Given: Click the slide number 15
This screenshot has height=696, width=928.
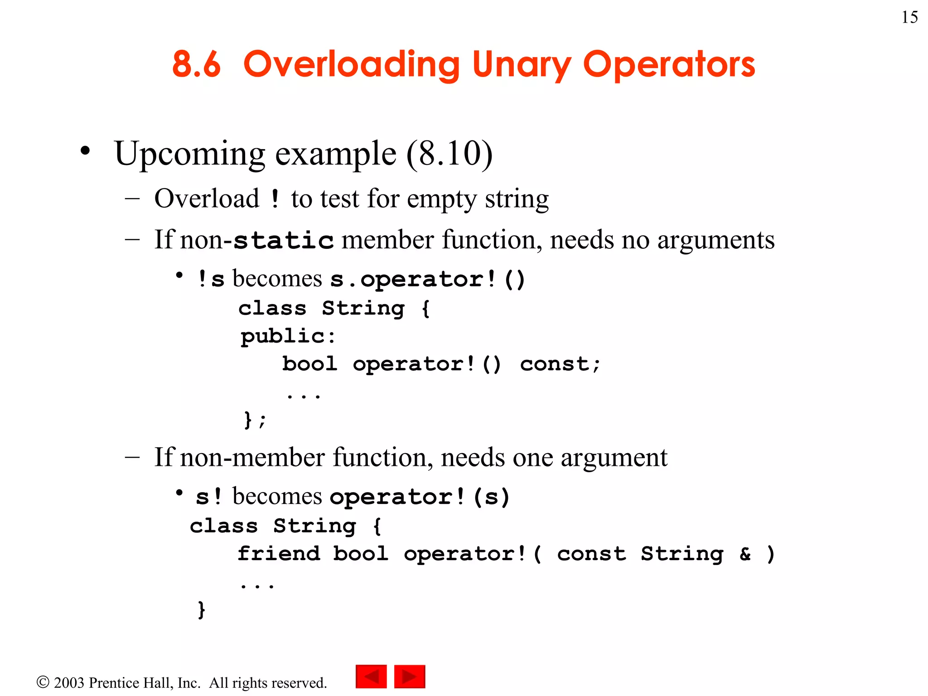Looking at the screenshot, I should pyautogui.click(x=909, y=17).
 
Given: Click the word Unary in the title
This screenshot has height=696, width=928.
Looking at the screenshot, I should pyautogui.click(x=521, y=65).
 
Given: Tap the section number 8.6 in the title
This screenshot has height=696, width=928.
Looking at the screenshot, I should pyautogui.click(x=196, y=64).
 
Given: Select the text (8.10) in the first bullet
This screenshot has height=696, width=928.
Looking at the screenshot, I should pyautogui.click(x=449, y=154).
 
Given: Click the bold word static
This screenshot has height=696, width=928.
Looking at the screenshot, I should pyautogui.click(x=284, y=240).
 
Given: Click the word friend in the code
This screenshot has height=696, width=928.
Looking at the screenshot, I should pyautogui.click(x=279, y=554).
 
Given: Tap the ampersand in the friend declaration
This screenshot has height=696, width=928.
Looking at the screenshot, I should pyautogui.click(x=744, y=554).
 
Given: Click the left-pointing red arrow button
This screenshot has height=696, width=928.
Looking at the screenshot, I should pyautogui.click(x=371, y=677).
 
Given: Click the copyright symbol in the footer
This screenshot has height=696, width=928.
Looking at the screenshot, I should pyautogui.click(x=43, y=682).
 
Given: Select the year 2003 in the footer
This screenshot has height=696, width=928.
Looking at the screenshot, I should pyautogui.click(x=69, y=683).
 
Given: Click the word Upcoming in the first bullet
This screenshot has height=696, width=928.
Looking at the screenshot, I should pyautogui.click(x=189, y=154).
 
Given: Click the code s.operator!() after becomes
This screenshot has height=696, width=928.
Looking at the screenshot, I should pyautogui.click(x=427, y=279).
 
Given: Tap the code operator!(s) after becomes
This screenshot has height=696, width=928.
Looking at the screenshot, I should pyautogui.click(x=420, y=497).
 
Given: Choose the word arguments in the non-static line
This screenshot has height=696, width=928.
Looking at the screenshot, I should pyautogui.click(x=716, y=240).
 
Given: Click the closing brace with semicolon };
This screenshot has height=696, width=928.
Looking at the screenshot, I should pyautogui.click(x=255, y=420).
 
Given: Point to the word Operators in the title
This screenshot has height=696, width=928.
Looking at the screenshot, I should pyautogui.click(x=669, y=65).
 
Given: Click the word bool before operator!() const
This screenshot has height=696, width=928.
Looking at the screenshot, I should pyautogui.click(x=310, y=364).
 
